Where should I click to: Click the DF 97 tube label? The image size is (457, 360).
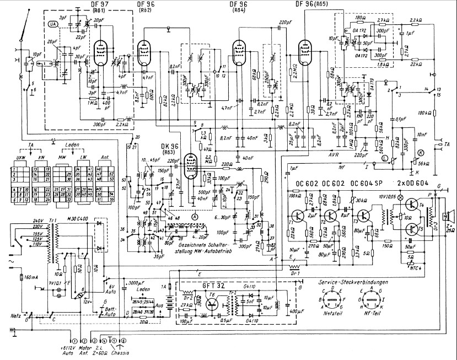click(96, 5)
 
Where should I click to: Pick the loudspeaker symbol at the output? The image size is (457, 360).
click(450, 214)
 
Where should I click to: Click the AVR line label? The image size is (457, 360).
click(332, 155)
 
